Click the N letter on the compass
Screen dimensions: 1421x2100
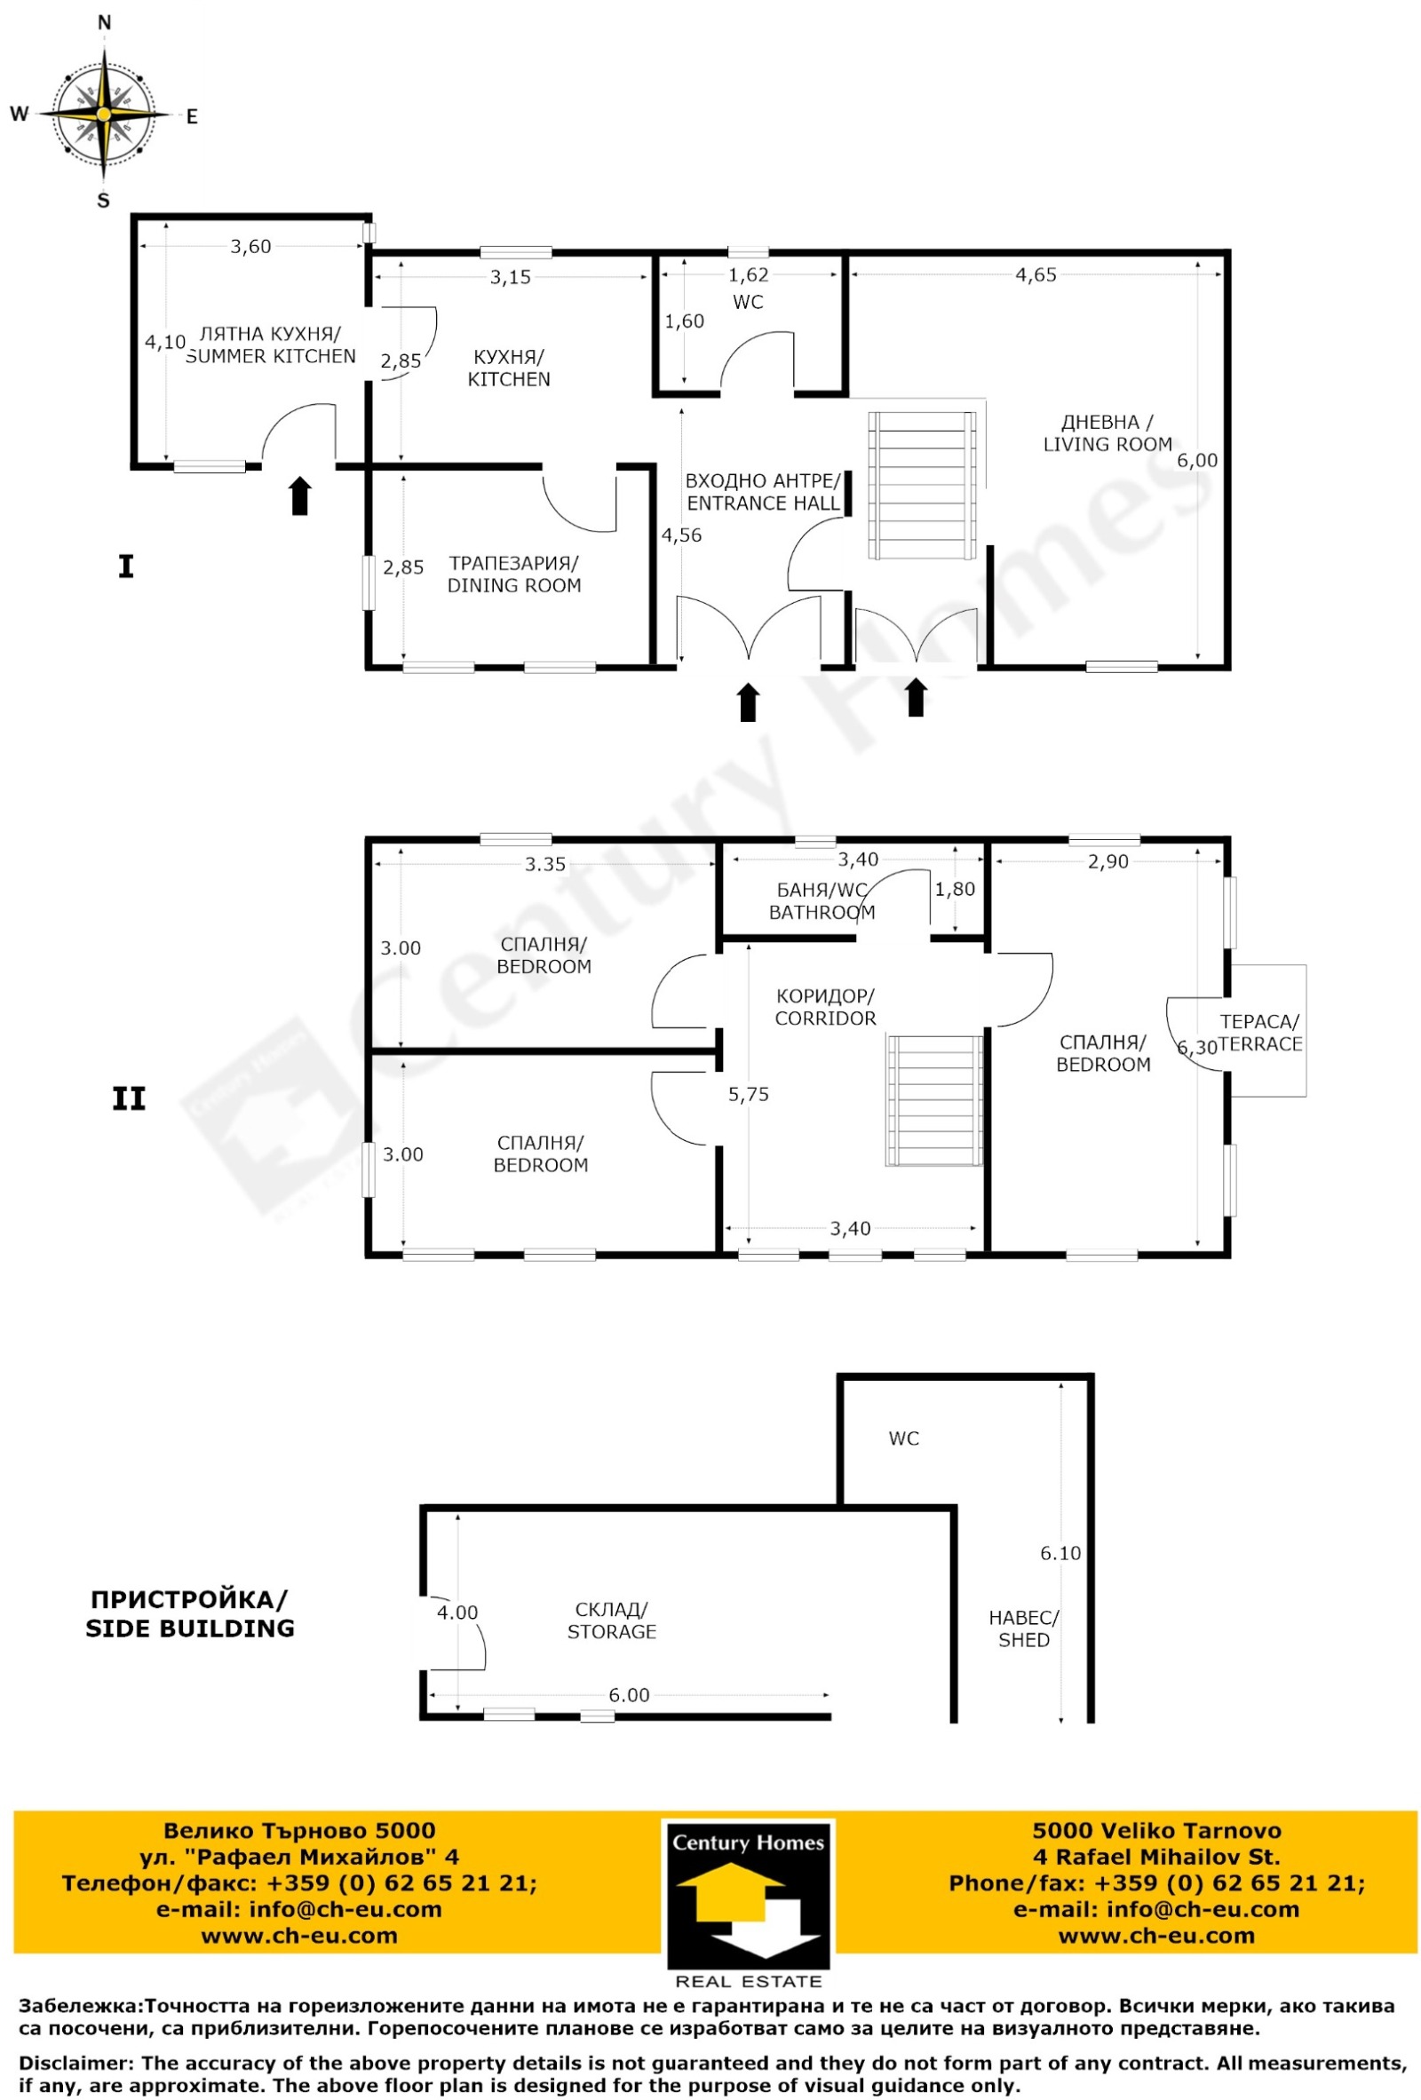[104, 23]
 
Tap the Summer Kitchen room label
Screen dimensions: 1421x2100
[270, 345]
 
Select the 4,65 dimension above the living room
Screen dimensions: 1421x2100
[1035, 274]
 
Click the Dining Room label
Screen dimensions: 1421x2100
[513, 574]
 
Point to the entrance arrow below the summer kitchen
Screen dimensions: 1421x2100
[300, 496]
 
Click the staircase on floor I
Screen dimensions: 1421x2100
[922, 486]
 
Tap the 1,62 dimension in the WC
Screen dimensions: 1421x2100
[748, 275]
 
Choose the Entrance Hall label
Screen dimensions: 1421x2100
[763, 492]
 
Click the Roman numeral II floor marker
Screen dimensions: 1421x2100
[129, 1098]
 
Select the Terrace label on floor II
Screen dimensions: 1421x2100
[1259, 1033]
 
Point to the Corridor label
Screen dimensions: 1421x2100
[825, 1007]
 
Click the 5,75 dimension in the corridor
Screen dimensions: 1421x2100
[749, 1094]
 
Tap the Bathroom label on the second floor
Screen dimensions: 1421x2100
[822, 901]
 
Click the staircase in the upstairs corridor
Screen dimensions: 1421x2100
[933, 1099]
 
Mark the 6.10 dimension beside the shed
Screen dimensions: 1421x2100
[1060, 1552]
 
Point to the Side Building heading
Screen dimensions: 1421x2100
[190, 1614]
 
